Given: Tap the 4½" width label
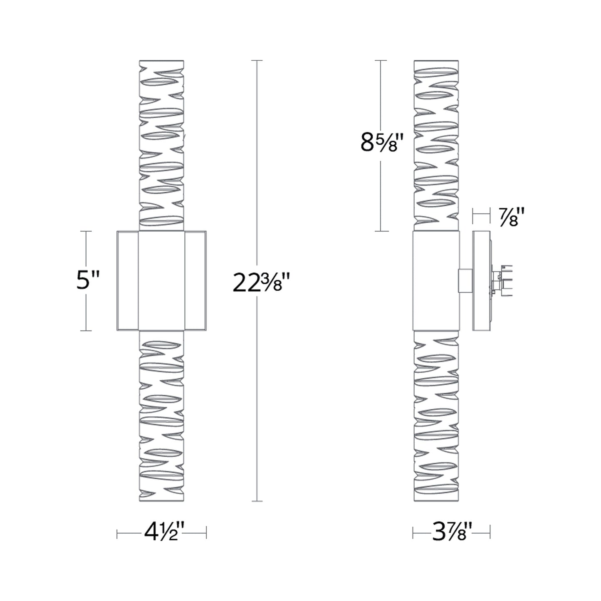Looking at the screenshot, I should [161, 532].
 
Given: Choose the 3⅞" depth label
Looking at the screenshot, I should [451, 532].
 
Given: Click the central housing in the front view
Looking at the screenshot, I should [161, 281].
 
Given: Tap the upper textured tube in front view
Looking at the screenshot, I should [161, 146].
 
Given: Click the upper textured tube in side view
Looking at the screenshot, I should [436, 146].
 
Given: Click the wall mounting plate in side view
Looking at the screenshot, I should [481, 281].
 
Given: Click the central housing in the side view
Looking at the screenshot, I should [436, 281].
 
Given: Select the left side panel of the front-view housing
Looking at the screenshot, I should [127, 281].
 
